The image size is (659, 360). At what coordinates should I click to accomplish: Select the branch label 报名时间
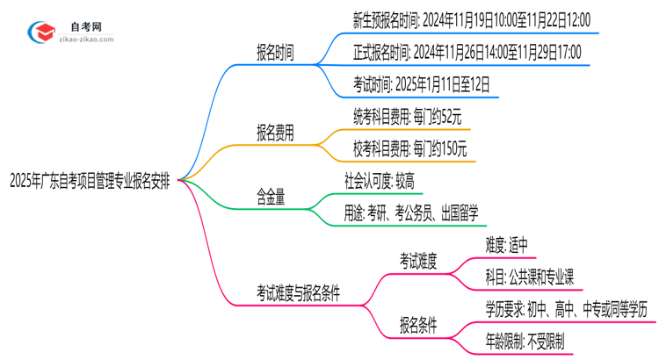pyautogui.click(x=275, y=53)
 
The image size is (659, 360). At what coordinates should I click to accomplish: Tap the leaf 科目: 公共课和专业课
pyautogui.click(x=529, y=276)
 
